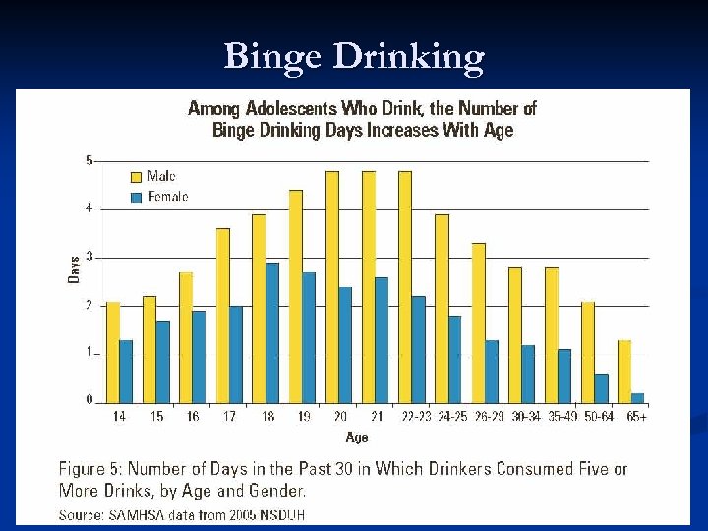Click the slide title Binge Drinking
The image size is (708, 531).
[x=354, y=57]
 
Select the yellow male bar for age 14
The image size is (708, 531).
[x=113, y=353]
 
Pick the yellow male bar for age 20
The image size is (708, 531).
[x=332, y=286]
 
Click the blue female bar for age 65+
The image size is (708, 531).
[x=638, y=398]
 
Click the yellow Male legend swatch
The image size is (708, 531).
[x=136, y=177]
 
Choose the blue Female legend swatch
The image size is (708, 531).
[x=136, y=198]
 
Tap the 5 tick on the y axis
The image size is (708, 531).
[x=88, y=160]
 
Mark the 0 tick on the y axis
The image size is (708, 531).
[x=88, y=400]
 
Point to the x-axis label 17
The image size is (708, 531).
[x=229, y=417]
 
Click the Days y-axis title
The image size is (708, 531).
[x=74, y=269]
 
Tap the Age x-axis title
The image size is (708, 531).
[x=358, y=436]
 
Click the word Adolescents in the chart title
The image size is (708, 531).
[x=284, y=109]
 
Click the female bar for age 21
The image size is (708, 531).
[x=382, y=339]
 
